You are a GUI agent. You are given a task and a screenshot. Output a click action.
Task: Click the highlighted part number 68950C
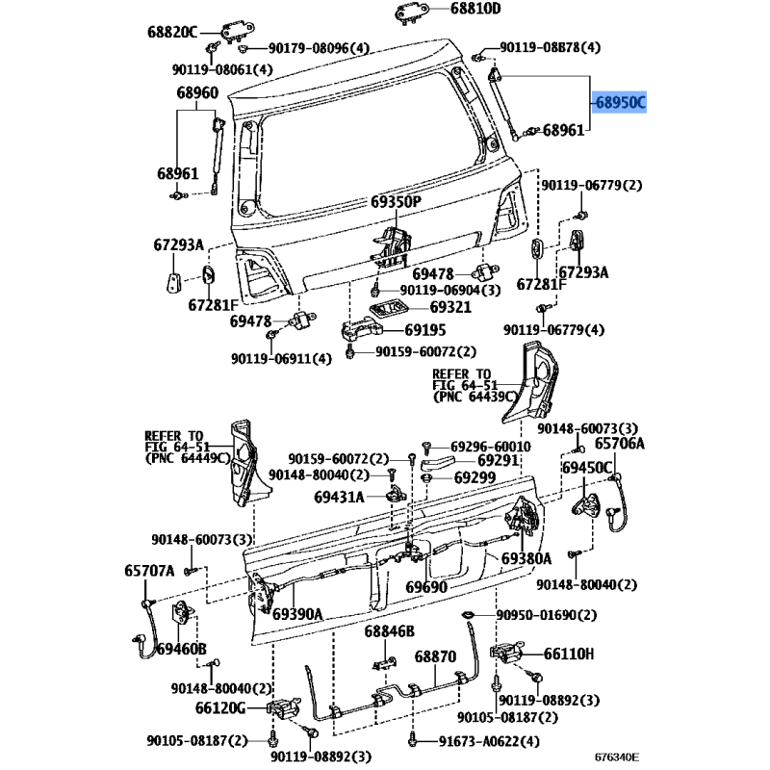pos(620,101)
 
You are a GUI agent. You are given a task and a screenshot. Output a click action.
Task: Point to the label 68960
pos(196,93)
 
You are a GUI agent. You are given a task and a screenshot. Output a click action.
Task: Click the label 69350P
pos(396,202)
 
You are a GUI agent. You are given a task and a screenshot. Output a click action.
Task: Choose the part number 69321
pos(449,307)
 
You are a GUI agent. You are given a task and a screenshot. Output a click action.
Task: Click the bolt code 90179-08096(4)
pos(319,47)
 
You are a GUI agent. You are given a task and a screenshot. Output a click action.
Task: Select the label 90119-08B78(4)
pos(551,47)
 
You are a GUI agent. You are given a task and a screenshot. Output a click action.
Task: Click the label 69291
pos(474,461)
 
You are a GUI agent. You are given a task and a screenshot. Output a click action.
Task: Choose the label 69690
pos(426,586)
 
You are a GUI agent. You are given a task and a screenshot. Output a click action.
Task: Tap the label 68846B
pos(389,631)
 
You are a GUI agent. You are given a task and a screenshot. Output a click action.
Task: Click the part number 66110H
pos(569,654)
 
